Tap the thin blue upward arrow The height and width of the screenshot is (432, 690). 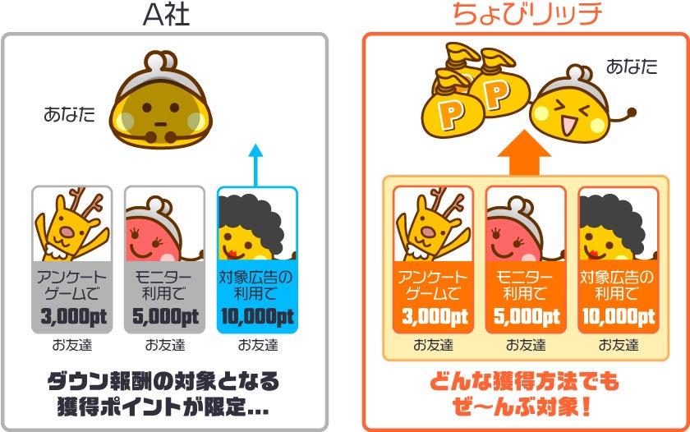(255, 163)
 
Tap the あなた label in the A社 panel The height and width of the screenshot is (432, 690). (69, 115)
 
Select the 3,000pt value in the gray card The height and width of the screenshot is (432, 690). (72, 316)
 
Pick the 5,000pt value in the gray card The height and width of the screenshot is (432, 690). (164, 316)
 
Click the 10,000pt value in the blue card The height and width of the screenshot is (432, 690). (257, 316)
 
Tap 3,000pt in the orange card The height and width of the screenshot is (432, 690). (433, 316)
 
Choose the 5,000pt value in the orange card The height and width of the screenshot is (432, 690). (526, 316)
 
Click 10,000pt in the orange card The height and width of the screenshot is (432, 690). (619, 316)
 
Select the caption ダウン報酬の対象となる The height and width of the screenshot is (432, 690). (163, 382)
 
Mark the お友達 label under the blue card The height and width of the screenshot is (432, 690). (257, 344)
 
